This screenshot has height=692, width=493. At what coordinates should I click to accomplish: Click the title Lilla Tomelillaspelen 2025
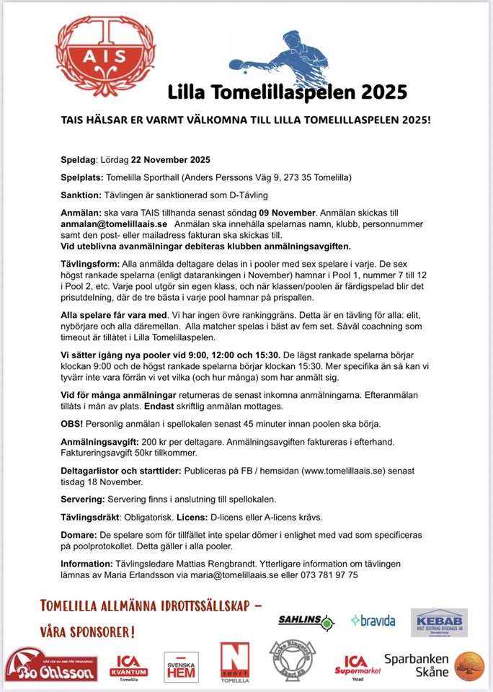287,92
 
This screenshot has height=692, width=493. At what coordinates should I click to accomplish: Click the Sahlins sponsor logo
306,621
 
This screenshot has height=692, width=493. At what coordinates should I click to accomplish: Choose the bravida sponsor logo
373,620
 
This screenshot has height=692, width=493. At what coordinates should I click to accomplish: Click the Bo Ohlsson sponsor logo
52,665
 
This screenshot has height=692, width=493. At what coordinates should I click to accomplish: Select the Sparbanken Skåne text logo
416,665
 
